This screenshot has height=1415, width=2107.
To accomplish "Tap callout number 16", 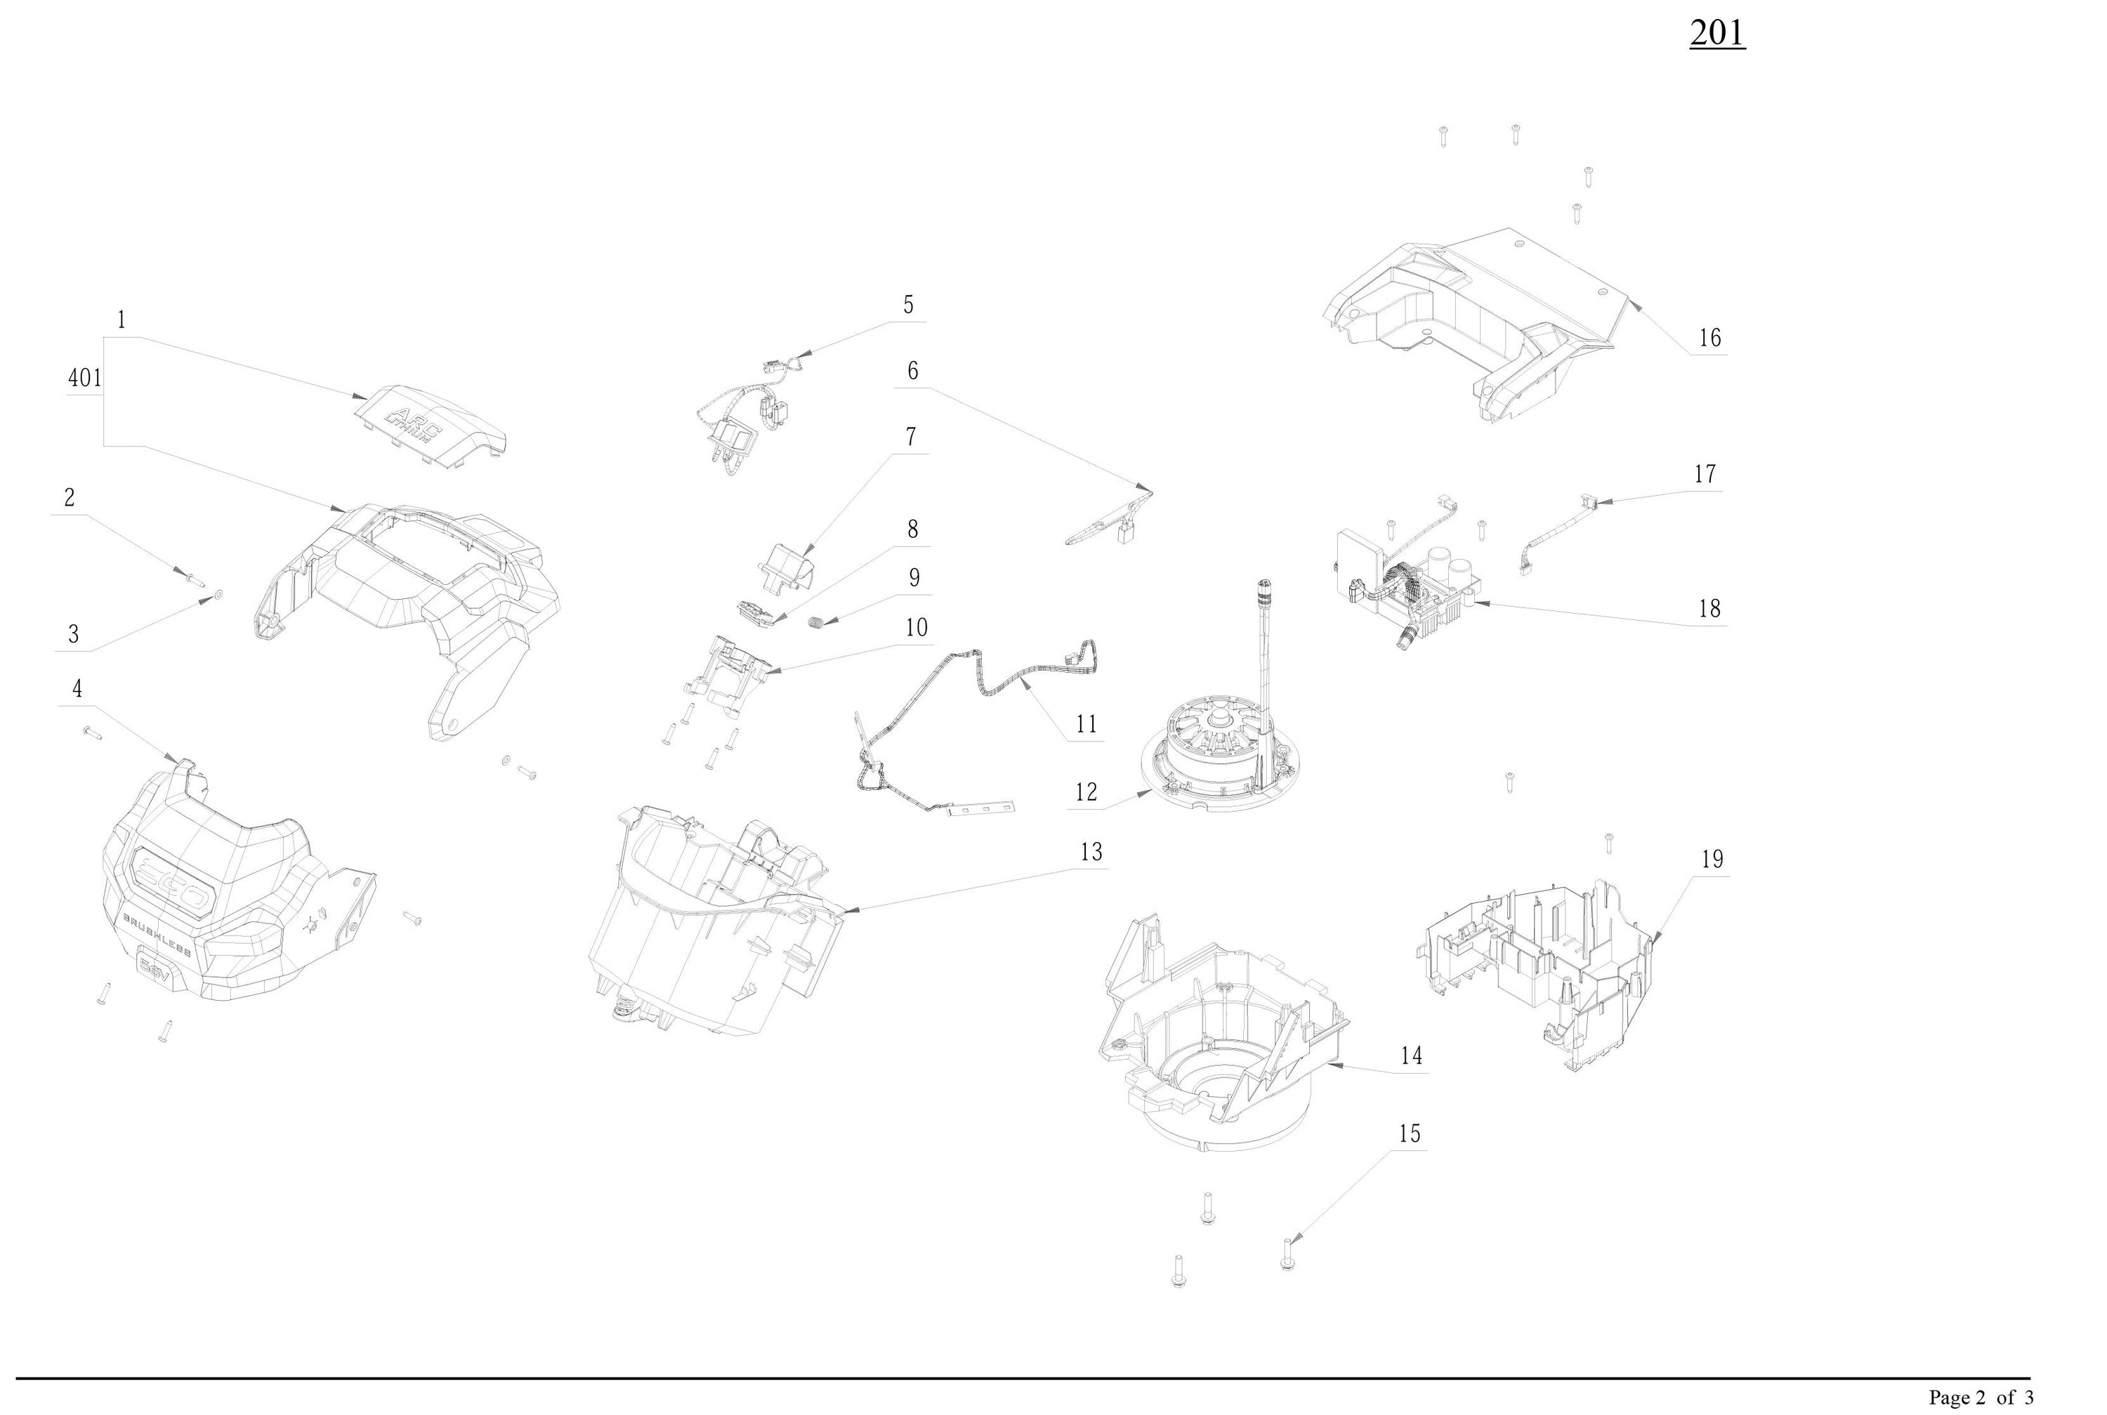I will pos(1709,338).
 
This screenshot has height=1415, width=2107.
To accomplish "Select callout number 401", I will pos(85,378).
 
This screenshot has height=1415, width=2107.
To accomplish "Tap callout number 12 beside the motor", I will pos(1086,792).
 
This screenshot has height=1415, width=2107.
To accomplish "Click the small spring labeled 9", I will pos(815,621).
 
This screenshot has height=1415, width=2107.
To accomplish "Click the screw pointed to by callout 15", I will pos(1287,1254).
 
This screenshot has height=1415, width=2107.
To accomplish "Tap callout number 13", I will pos(1091,852).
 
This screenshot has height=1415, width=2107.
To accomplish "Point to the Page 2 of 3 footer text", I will pos(1981,1397).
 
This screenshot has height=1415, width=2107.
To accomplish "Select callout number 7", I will pos(912,437).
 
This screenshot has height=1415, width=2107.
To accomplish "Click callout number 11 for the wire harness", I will pos(1086,725).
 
